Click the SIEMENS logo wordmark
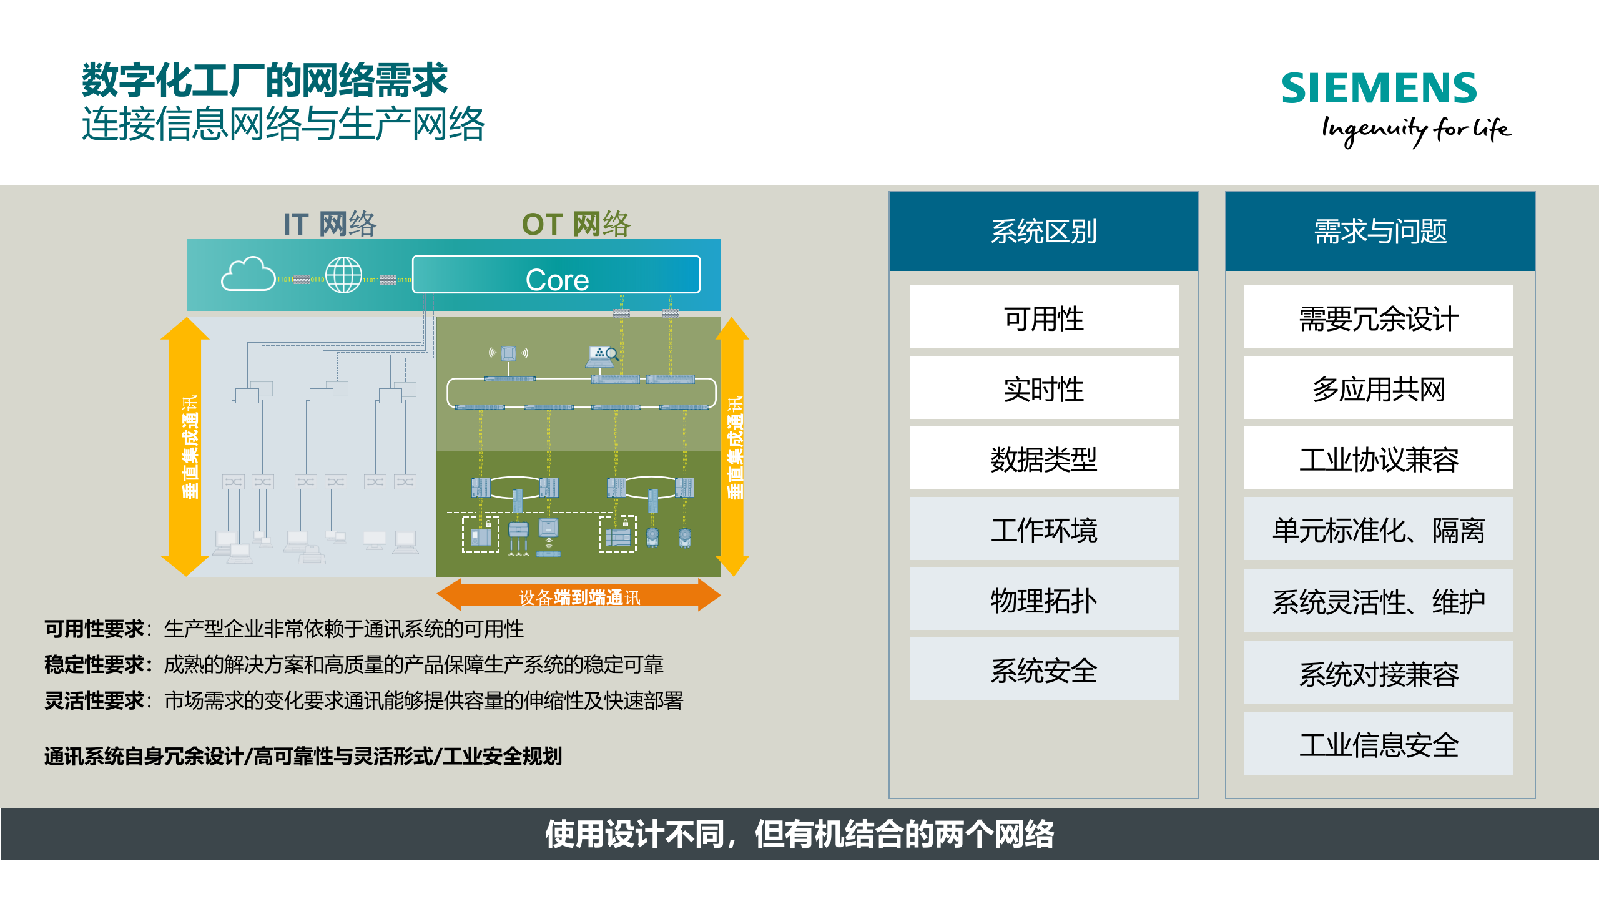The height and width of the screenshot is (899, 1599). (x=1379, y=88)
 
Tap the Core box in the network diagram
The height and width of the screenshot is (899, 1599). (x=556, y=275)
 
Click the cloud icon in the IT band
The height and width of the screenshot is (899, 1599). (x=248, y=274)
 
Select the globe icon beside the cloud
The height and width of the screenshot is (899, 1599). (x=343, y=275)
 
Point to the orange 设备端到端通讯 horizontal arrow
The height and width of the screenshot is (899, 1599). (x=579, y=596)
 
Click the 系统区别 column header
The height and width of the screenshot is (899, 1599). (x=1043, y=232)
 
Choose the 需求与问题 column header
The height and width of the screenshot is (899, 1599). (x=1380, y=232)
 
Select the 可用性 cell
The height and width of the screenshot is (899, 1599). (x=1043, y=318)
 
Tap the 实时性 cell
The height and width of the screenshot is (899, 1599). (x=1043, y=388)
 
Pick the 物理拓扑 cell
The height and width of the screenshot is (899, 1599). (x=1043, y=600)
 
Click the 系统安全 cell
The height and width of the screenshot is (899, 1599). (x=1043, y=671)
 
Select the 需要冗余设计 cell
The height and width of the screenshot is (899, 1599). (x=1379, y=318)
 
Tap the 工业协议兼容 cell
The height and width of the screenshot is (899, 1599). (x=1379, y=459)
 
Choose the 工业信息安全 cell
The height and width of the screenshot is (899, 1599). (x=1379, y=744)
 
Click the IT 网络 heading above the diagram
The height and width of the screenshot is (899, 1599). (x=330, y=224)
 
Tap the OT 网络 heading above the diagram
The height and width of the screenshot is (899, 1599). (x=576, y=224)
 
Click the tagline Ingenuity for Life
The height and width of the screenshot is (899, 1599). (x=1415, y=130)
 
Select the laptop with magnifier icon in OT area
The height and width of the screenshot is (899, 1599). (x=602, y=356)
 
